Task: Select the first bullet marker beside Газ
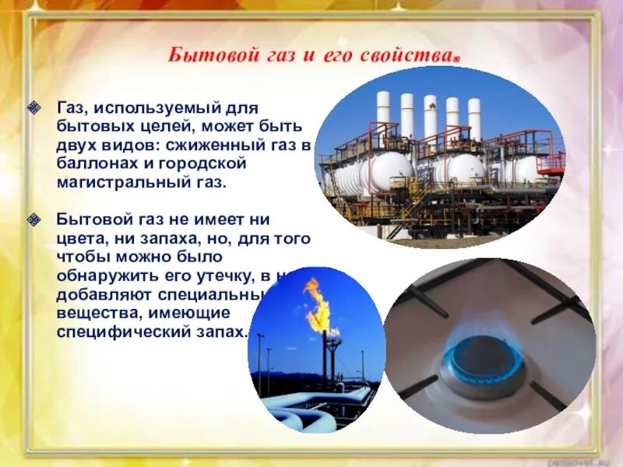[33, 106]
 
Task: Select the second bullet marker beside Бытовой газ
[33, 220]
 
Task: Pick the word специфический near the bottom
[118, 332]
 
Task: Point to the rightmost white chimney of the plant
[474, 118]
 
